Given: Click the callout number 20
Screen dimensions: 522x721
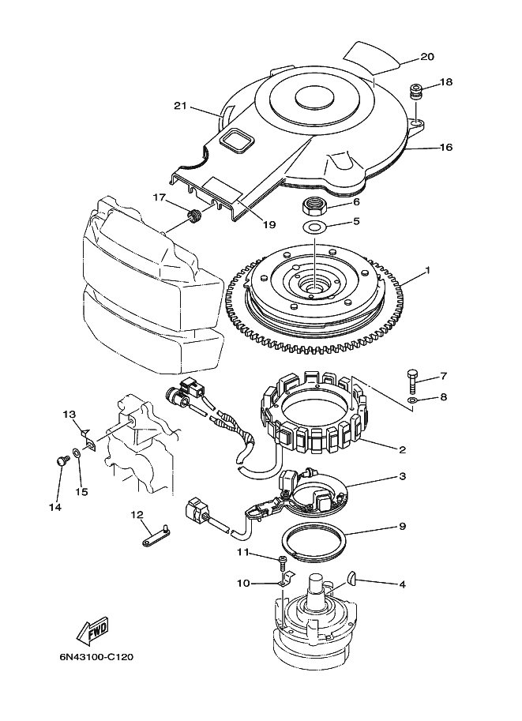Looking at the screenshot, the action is [x=427, y=57].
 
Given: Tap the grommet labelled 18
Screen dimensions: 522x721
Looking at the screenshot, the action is [x=416, y=90].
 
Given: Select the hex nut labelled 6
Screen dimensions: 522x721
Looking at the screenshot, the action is [x=315, y=205].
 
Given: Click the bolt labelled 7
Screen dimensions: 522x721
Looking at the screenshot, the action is [x=412, y=381].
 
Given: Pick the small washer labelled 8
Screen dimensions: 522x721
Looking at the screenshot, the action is [x=412, y=401].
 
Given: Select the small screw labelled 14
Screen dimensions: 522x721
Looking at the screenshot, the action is [x=62, y=460].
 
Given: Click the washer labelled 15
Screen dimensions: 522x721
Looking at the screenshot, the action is [x=77, y=453].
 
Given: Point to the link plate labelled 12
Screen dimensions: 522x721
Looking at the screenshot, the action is [x=156, y=538].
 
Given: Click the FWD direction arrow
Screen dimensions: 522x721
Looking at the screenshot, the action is [x=92, y=630].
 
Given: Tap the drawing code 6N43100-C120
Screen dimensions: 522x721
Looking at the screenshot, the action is [x=96, y=656].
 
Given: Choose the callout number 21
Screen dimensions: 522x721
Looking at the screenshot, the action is [x=180, y=106].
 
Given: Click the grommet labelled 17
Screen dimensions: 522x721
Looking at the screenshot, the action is [x=193, y=216].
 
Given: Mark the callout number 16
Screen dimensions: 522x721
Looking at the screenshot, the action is [x=445, y=147].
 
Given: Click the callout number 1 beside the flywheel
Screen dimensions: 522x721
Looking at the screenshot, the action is [x=427, y=270].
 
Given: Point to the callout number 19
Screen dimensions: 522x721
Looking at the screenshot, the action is [x=269, y=224].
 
